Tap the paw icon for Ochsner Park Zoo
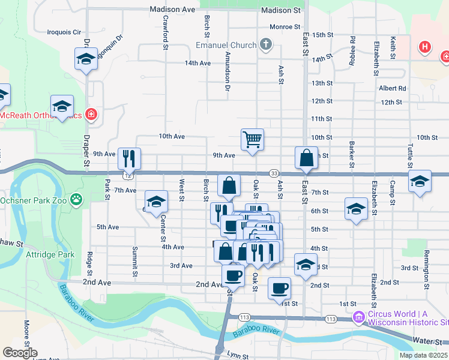76,199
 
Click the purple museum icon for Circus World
359,317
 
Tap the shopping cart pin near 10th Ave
253,139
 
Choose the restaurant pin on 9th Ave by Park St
129,158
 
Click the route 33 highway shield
273,173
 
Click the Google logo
20,353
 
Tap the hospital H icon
425,46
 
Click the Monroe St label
285,26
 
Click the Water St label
427,341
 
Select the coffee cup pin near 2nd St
279,288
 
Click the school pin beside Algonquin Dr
86,59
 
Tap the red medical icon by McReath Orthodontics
91,114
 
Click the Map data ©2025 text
423,355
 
